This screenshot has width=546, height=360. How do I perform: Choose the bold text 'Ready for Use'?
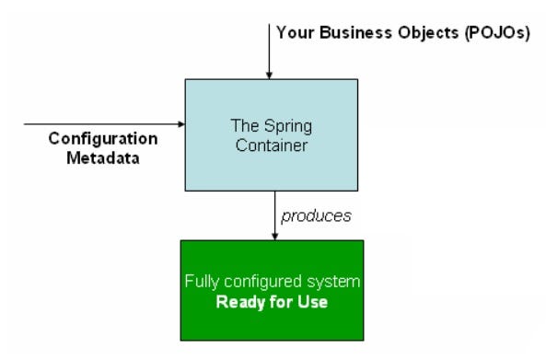(x=270, y=301)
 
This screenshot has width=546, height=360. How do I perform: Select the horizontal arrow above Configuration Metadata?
(x=101, y=122)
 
